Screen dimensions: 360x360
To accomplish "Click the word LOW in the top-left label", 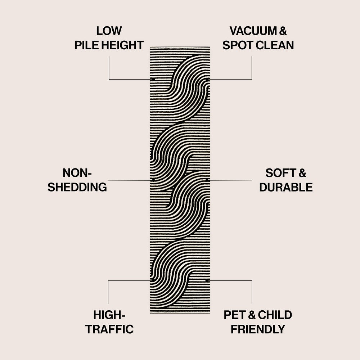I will [109, 31].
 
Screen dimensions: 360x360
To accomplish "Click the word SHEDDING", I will [77, 187].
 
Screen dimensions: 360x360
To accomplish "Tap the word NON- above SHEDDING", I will [77, 173].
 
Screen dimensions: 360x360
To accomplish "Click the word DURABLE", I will [286, 187].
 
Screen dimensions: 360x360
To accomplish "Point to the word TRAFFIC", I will [109, 329].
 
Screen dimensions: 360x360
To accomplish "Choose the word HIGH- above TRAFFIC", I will [109, 315].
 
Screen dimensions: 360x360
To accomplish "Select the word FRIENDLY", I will [258, 329].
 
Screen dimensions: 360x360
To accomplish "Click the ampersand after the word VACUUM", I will [283, 31].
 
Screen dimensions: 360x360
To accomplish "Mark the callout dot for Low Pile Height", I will [153, 79].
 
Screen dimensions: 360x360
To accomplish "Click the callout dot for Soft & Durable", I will [207, 179].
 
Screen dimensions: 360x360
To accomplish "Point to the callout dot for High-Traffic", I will [153, 280].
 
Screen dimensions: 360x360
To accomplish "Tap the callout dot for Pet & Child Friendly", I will [207, 280].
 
